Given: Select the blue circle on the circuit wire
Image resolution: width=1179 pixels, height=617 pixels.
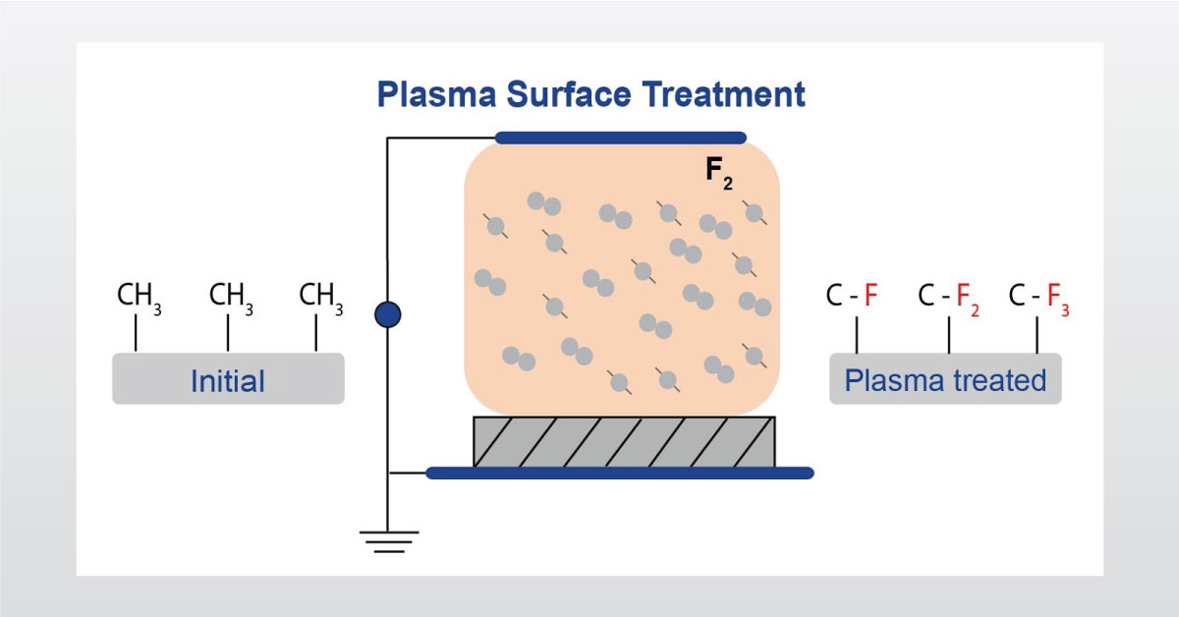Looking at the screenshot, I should point(388,314).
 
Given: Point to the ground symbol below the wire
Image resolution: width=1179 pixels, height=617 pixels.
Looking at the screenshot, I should point(387,540).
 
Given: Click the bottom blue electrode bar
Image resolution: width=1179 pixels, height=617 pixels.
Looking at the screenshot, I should point(619,473).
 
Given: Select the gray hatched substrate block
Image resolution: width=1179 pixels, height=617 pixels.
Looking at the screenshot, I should point(624,441).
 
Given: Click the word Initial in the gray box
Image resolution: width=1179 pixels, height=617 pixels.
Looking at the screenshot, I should point(228,380).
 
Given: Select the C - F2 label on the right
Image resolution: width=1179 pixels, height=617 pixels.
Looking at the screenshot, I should point(948,297).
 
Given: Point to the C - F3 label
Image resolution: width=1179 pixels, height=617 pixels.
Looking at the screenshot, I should point(1039,297).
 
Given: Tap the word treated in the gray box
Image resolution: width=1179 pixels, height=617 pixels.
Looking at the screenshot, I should point(999,380).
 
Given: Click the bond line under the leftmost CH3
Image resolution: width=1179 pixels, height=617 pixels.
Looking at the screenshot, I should point(136,334).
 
